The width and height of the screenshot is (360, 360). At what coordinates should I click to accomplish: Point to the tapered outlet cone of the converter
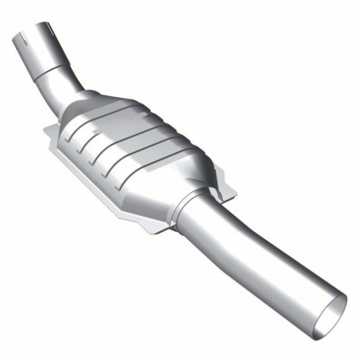[189, 180]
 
